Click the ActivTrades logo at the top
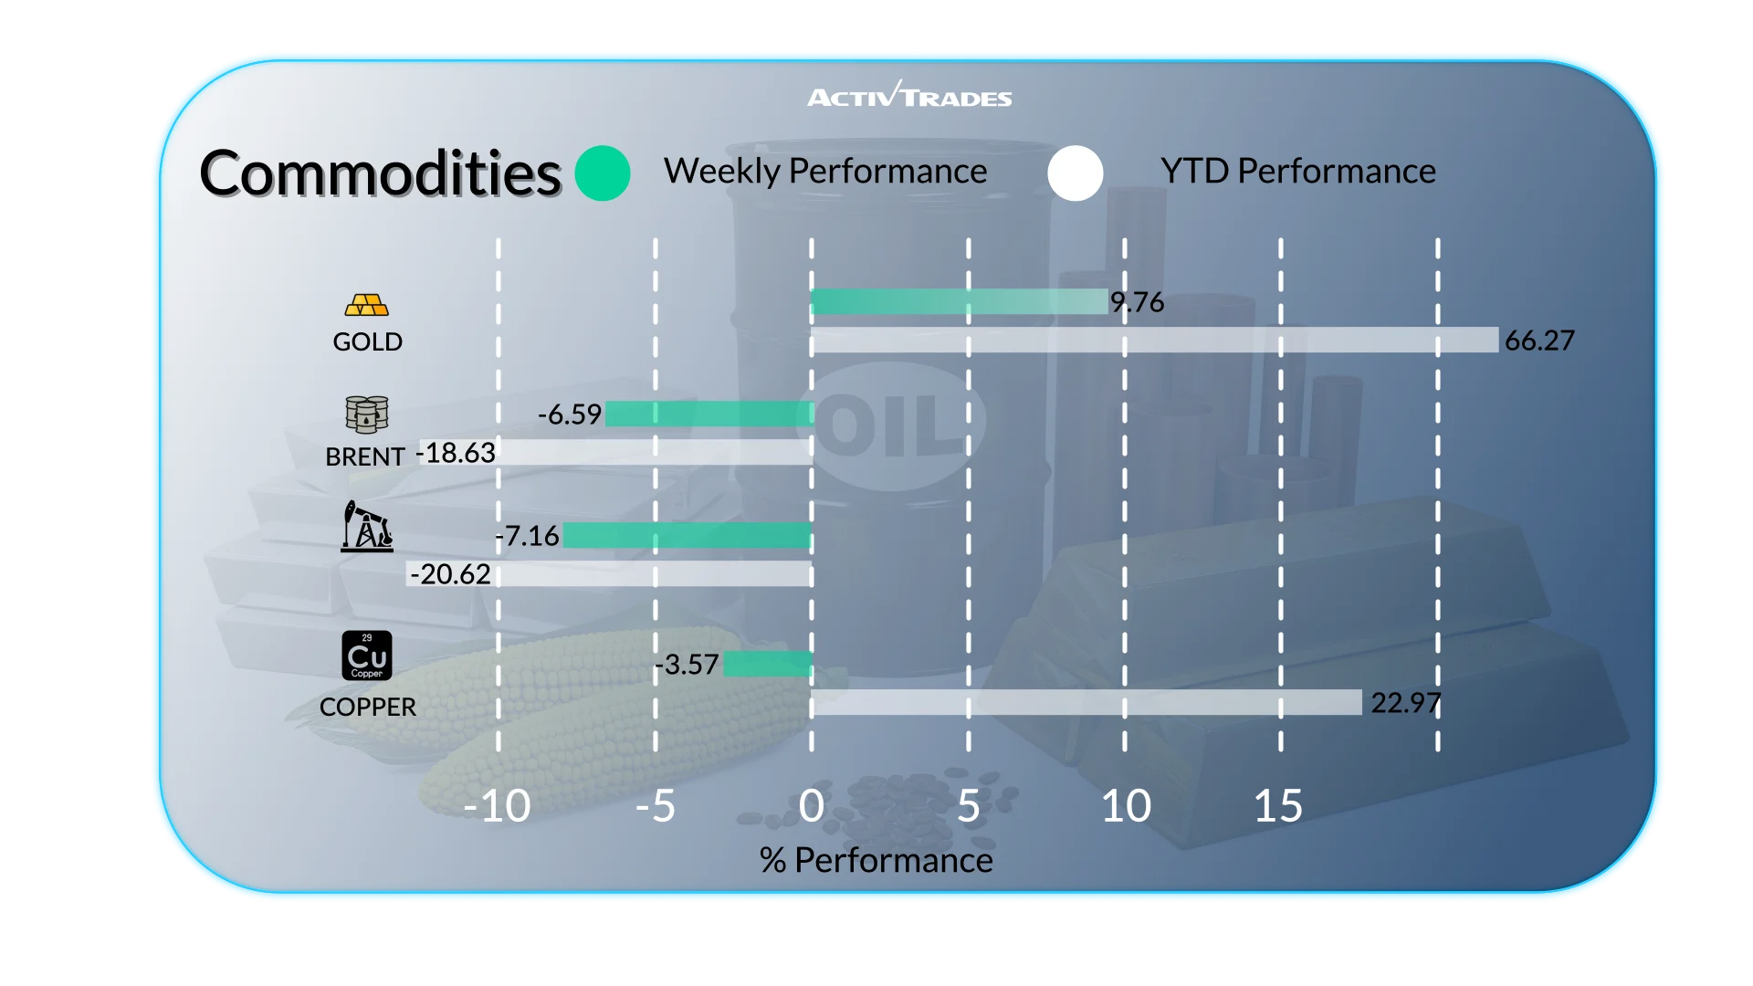click(x=909, y=95)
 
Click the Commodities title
click(x=380, y=173)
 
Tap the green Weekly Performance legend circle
click(x=603, y=173)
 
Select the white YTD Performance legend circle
click(x=1076, y=173)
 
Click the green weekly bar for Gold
click(x=959, y=301)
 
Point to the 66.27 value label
click(x=1539, y=341)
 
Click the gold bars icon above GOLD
click(x=367, y=305)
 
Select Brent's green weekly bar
click(x=709, y=414)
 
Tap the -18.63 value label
click(x=457, y=453)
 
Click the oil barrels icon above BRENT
click(x=367, y=414)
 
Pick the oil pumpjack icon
click(x=367, y=527)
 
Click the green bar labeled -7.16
click(x=687, y=535)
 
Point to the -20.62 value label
click(x=451, y=574)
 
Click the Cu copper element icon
click(x=367, y=656)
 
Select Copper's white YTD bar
click(x=1086, y=702)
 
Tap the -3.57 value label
click(x=688, y=665)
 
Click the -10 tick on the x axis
click(x=498, y=806)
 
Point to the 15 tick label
click(x=1278, y=806)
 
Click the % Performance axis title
click(x=876, y=860)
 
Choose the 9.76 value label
click(x=1138, y=302)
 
